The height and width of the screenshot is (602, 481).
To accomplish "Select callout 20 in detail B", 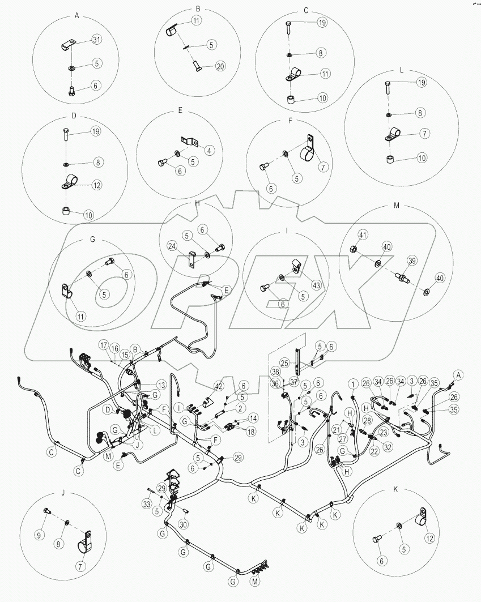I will [220, 66].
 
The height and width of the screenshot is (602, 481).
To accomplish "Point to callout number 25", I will [285, 362].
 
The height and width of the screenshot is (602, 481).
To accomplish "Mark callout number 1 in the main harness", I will [352, 386].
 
